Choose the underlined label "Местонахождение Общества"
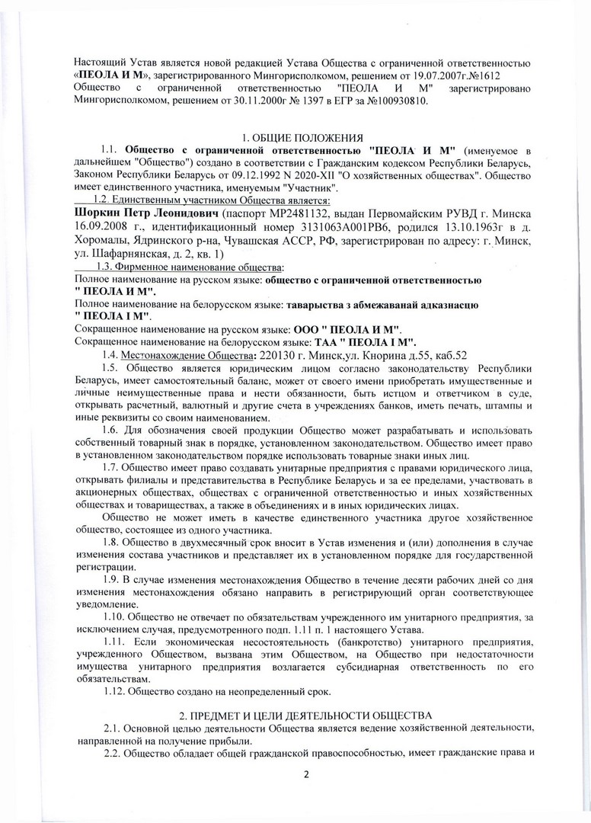coord(187,354)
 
